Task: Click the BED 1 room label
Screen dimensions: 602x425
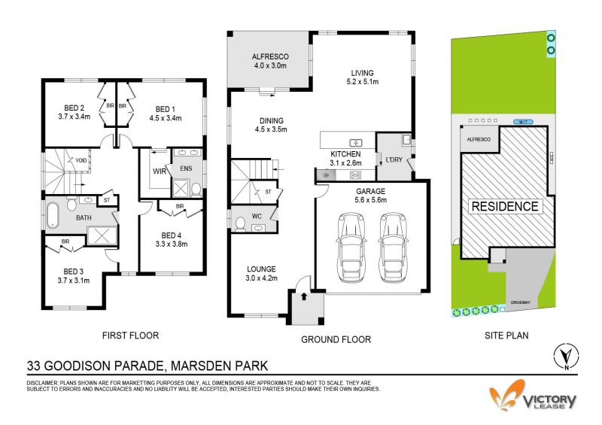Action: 165,109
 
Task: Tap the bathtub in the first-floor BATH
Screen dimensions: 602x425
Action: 53,215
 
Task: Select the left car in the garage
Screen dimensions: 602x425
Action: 351,247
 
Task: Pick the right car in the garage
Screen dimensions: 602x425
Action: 392,247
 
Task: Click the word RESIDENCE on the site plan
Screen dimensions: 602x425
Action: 505,207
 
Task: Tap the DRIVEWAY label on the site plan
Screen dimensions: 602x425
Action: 520,302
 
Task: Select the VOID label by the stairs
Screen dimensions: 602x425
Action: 81,160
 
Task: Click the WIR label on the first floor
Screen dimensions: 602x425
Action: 160,172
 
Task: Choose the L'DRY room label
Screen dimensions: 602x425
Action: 394,159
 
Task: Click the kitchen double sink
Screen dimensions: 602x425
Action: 356,143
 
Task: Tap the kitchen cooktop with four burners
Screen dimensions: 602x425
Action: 355,175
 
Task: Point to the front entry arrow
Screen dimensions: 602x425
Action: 304,296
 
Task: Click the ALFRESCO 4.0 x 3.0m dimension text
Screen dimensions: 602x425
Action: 270,65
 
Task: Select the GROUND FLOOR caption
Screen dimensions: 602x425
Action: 336,339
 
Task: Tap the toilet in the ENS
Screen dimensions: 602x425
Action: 196,190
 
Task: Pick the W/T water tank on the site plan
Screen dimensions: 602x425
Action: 524,122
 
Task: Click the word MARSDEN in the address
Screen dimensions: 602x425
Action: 195,366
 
